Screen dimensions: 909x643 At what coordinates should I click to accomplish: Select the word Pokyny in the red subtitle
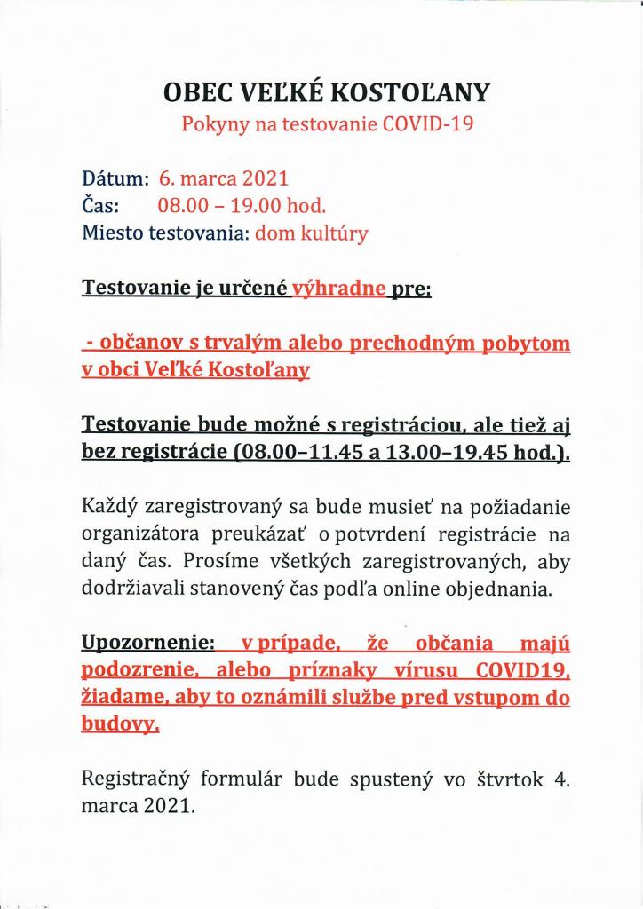coord(213,124)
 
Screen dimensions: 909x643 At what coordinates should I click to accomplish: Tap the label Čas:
coord(101,206)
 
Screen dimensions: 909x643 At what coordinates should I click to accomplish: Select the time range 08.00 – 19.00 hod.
coord(242,206)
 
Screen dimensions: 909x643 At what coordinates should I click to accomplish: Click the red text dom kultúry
coord(312,234)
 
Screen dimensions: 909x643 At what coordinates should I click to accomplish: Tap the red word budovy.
coord(120,725)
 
